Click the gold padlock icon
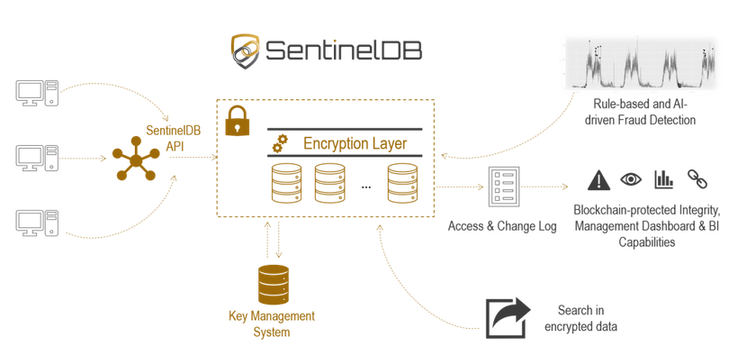(x=237, y=120)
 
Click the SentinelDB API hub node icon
(x=134, y=162)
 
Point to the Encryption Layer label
(x=355, y=143)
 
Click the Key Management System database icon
(x=273, y=284)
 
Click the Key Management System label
(x=272, y=324)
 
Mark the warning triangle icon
(x=598, y=180)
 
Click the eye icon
(x=631, y=179)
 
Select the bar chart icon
(x=664, y=178)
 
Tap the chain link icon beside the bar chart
(x=697, y=178)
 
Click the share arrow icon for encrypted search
(x=508, y=317)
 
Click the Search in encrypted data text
(x=580, y=318)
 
